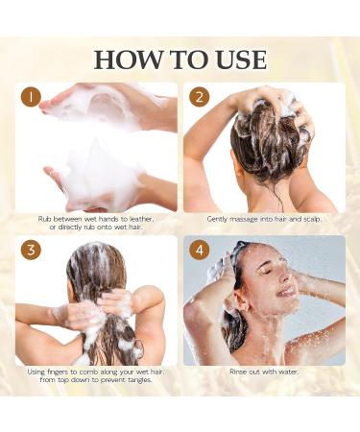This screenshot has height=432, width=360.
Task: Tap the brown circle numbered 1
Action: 31,97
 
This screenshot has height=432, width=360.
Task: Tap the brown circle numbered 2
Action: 200,97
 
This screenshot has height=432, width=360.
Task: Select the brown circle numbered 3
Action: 31,250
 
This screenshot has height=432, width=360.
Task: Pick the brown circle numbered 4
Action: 200,250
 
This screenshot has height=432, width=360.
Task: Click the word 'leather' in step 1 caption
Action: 141,219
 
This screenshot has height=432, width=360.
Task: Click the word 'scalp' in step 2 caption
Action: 311,220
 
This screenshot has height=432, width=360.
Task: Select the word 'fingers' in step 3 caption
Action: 57,372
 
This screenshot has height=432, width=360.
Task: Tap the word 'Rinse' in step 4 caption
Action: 238,372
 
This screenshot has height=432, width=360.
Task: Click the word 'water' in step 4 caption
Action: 289,372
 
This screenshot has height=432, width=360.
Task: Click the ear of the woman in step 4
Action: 244,307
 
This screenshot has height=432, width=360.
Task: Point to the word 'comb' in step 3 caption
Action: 88,372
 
